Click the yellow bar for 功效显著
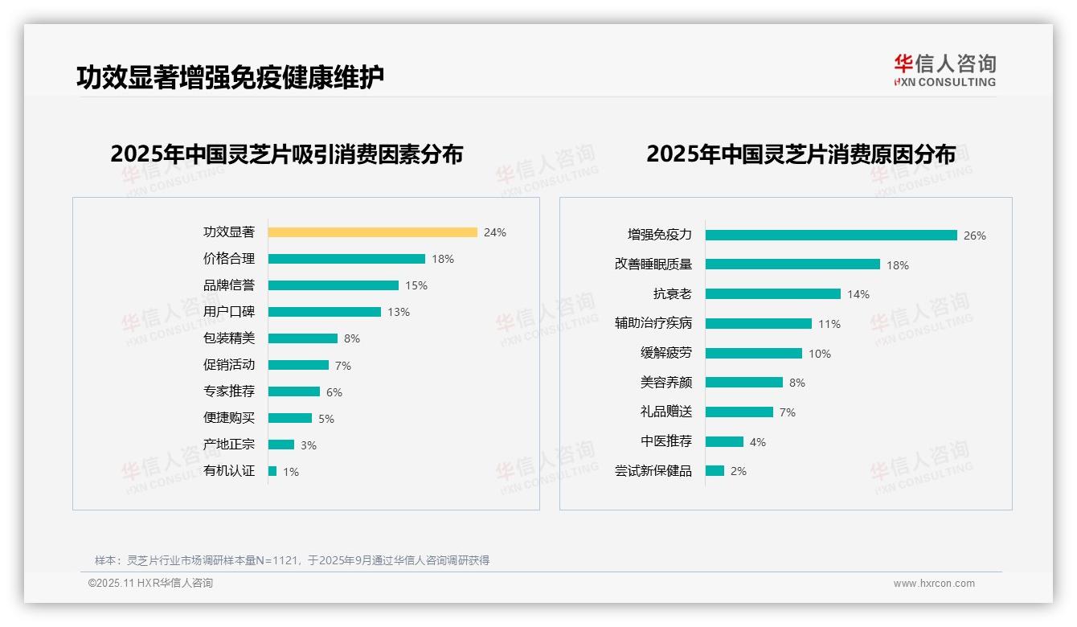372,232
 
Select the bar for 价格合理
346,259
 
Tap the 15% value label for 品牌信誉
416,285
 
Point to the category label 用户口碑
229,312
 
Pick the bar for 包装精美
303,338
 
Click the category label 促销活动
229,365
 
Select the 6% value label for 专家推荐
334,392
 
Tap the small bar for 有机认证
272,471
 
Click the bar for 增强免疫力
831,236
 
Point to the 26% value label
975,236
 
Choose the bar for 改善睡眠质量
792,264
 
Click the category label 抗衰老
673,294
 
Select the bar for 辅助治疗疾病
759,324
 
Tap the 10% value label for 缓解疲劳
820,354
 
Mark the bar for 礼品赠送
739,412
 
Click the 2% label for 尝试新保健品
739,471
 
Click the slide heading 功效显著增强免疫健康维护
230,77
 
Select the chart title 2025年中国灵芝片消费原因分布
801,154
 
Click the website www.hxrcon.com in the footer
934,584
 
